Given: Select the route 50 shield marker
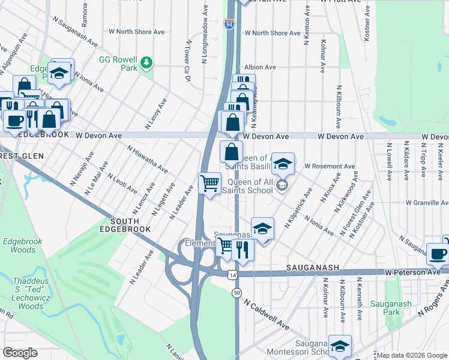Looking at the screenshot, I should pos(237,292).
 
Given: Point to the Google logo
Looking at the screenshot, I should pos(20,353).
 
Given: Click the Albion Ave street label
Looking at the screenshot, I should pos(259,67).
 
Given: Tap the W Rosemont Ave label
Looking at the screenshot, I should pos(330,166).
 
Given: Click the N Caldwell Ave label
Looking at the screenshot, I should pos(266,315).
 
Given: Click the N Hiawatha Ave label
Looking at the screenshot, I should pos(147,159).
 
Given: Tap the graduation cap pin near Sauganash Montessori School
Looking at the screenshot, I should pos(340,346).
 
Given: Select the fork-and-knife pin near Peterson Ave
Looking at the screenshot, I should pos(243,248).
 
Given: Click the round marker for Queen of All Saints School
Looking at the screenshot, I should pos(282,186).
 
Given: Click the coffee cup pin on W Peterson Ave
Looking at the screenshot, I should pos(437,254).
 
